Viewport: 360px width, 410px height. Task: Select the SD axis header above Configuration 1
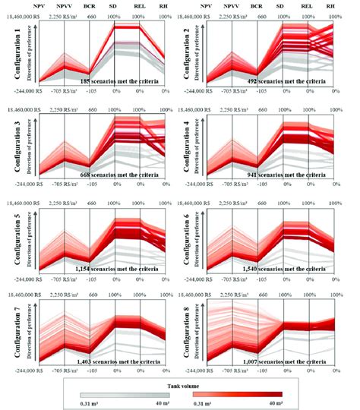coord(114,5)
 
